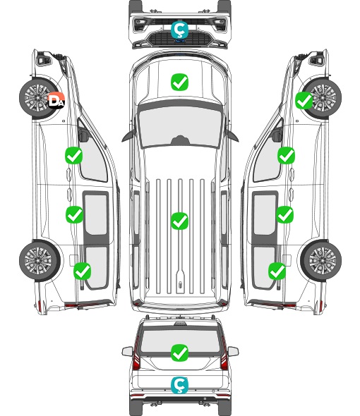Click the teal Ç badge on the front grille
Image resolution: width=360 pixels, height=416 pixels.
coord(179,30)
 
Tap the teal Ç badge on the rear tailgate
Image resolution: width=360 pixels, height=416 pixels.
coord(179,385)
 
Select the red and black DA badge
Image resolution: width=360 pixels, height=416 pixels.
coord(56,101)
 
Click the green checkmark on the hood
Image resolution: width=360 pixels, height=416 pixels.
coord(179,82)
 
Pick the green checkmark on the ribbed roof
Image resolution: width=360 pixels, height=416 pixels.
coord(179,221)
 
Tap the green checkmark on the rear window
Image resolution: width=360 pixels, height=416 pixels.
coord(179,353)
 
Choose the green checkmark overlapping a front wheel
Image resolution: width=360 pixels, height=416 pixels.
coord(304,101)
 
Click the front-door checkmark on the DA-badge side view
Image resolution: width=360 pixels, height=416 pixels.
coord(74,155)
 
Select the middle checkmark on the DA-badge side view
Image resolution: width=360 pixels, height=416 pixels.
coord(74,214)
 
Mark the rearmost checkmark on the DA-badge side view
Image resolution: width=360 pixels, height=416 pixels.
coord(83,271)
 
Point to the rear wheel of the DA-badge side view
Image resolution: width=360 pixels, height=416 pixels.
coord(40,261)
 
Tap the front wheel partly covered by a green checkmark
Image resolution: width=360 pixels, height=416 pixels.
coord(323,98)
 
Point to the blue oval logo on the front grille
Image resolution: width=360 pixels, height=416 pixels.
coord(180,41)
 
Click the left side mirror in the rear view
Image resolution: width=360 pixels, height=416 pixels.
coord(128,351)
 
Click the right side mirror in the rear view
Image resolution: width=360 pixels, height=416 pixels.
coord(233,351)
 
